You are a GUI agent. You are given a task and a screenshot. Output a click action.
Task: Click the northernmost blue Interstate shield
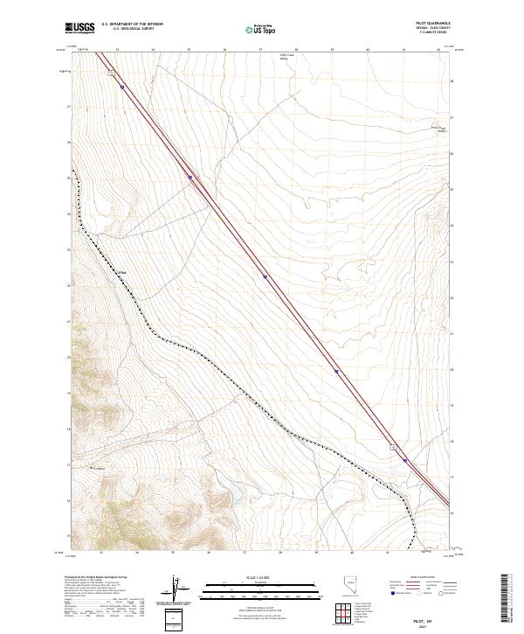tap(122, 87)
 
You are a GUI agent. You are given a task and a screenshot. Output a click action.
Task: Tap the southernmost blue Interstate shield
tap(405, 458)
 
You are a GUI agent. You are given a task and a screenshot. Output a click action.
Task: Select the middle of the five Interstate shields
tap(265, 276)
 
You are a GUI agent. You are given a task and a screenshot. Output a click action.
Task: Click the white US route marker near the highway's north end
tap(112, 74)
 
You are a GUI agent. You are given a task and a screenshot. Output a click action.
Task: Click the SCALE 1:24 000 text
tap(248, 577)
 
